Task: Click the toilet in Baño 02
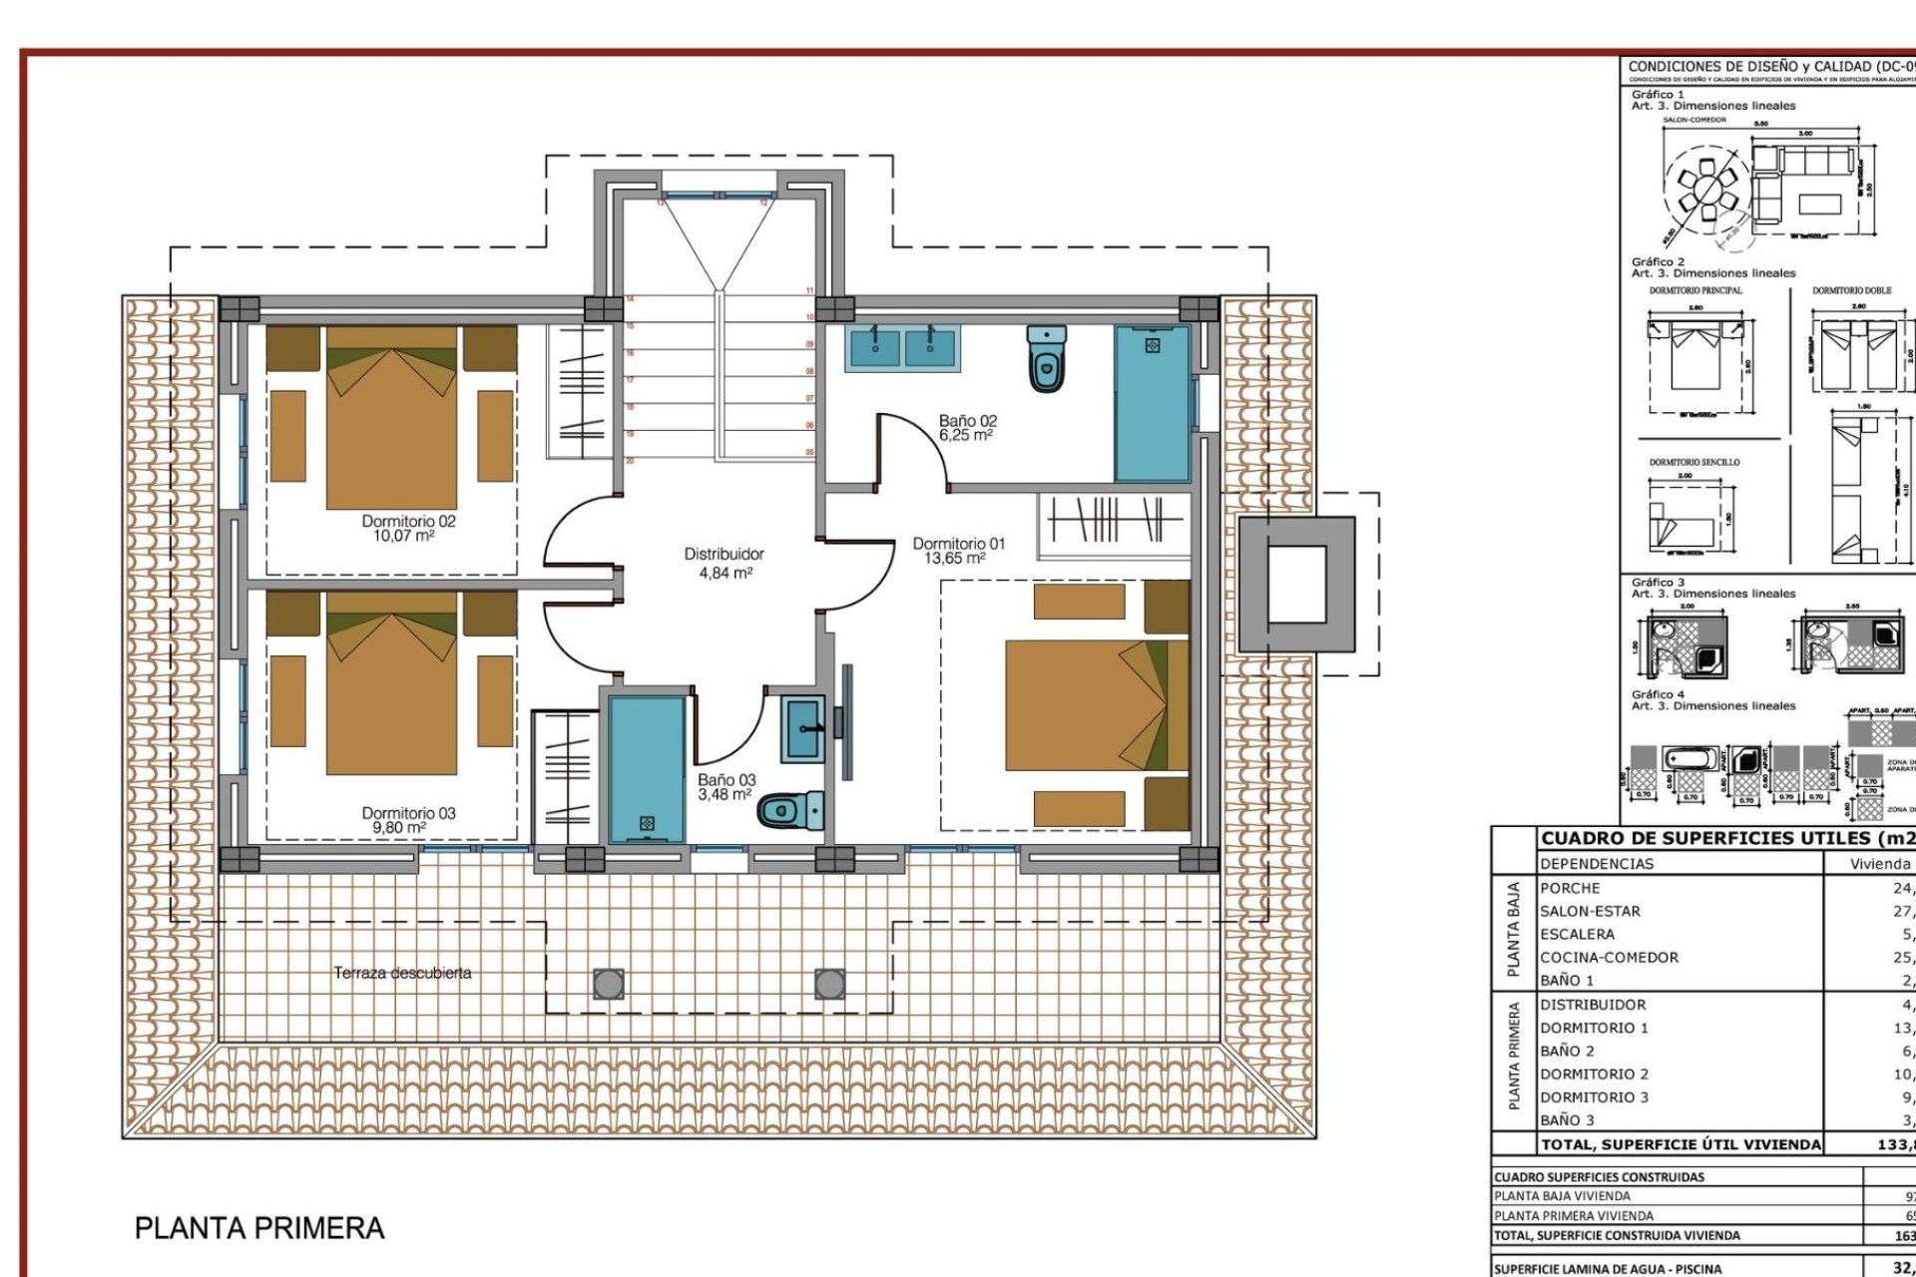point(1046,359)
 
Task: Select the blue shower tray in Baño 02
point(1153,403)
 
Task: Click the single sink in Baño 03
point(802,728)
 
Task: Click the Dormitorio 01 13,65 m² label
point(958,551)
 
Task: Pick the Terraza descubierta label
point(402,973)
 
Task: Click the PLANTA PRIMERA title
point(259,1228)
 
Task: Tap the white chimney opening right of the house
point(1296,585)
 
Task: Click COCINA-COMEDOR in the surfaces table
point(1609,958)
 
